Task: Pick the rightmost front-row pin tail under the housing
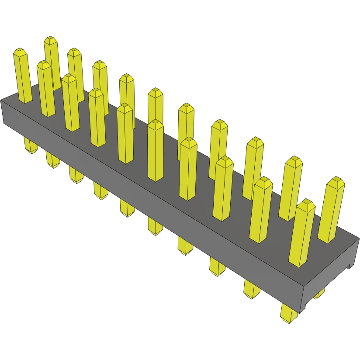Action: point(288,315)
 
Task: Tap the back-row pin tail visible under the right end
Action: point(319,293)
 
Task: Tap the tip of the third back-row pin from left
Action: point(74,52)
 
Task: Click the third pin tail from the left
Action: point(76,176)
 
